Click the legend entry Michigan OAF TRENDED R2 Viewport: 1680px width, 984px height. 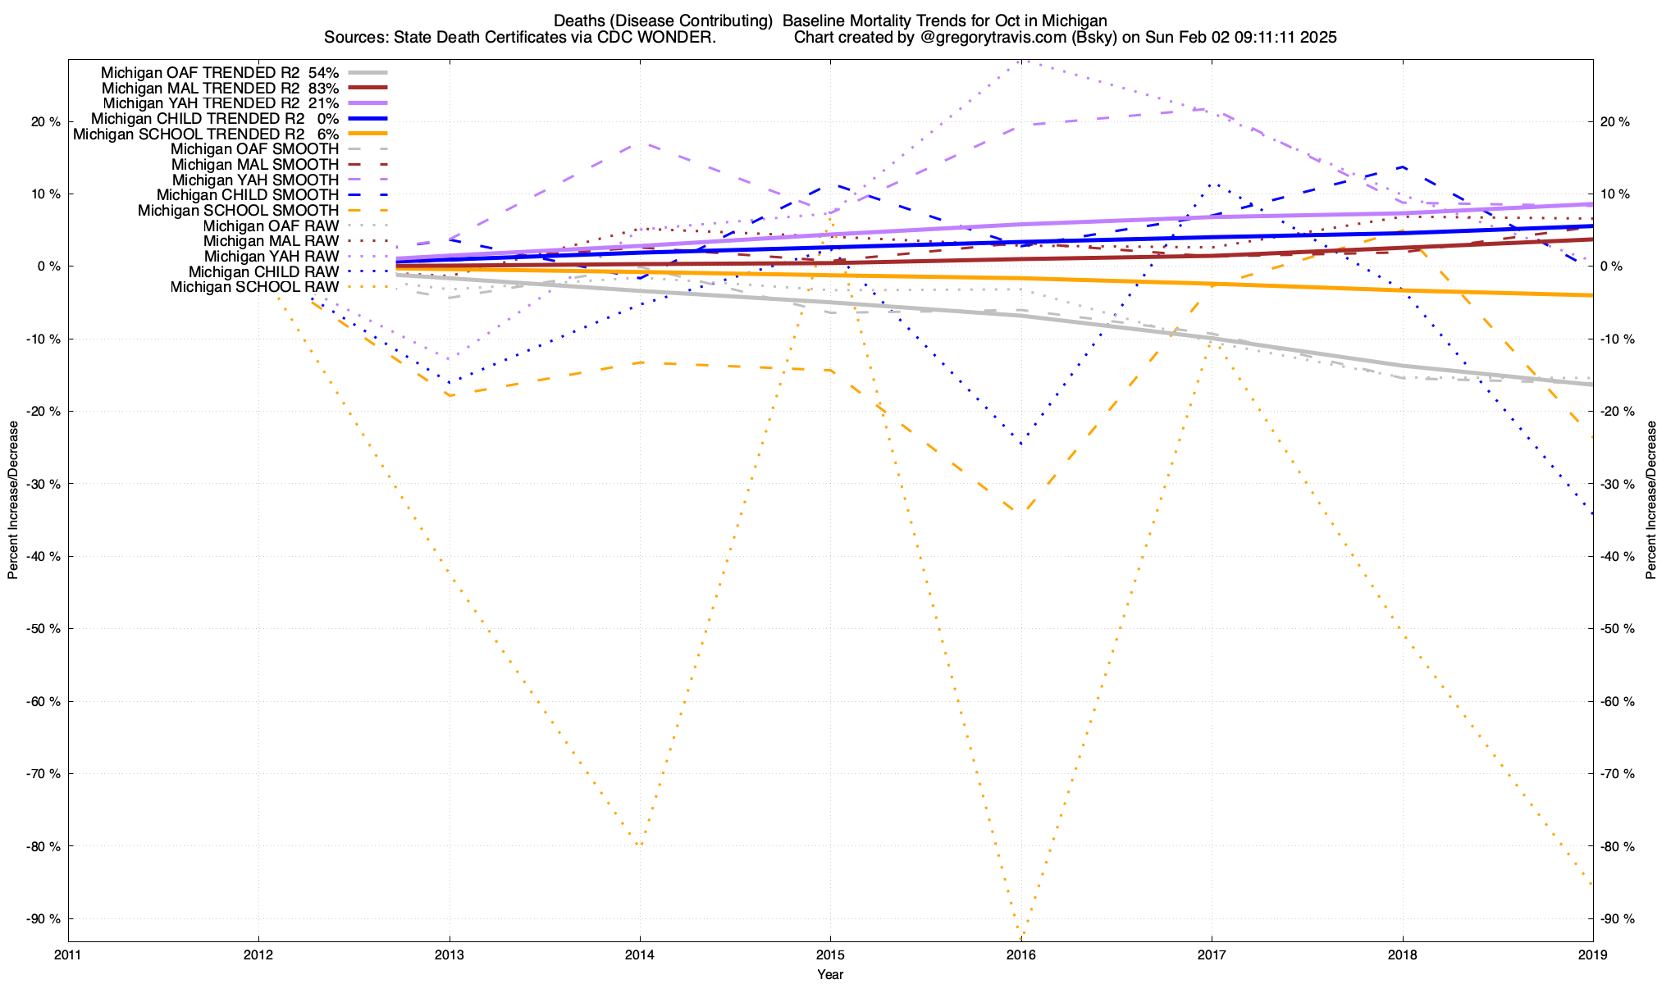200,72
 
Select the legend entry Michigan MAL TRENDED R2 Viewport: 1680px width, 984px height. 200,88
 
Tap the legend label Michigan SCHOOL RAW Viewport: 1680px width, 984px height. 254,287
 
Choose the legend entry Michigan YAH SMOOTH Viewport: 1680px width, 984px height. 255,180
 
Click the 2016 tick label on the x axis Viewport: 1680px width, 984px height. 1020,954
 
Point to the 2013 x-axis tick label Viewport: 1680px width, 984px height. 449,954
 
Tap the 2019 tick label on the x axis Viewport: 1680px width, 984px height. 1592,954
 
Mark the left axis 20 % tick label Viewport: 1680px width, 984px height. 43,122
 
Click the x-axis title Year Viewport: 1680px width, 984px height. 830,974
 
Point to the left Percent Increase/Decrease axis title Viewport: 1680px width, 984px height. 13,500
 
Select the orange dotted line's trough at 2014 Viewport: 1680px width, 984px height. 640,845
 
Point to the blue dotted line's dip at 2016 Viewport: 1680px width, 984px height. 1020,444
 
